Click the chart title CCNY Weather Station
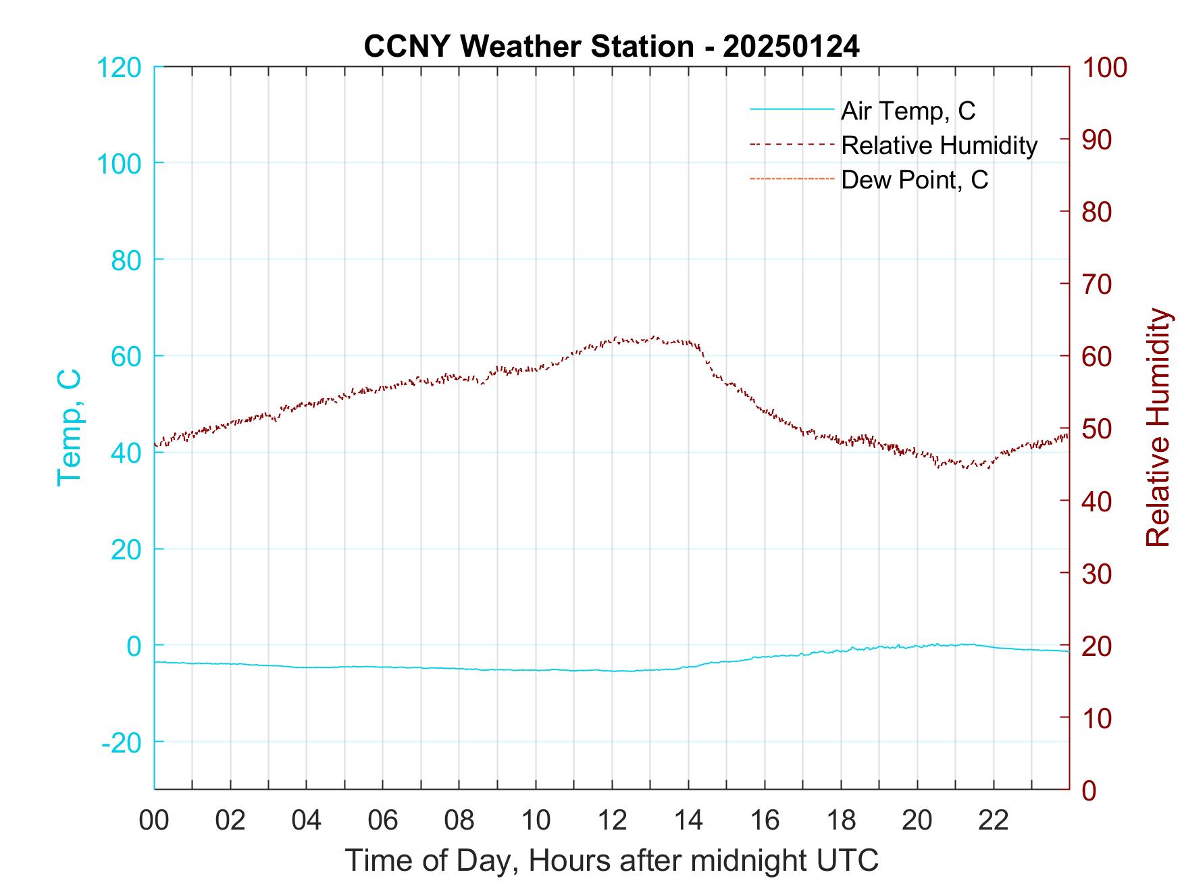point(528,47)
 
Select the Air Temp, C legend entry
point(907,111)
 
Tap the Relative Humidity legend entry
point(938,145)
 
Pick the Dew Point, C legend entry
point(914,180)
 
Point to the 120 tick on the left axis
point(120,68)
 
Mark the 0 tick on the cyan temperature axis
point(134,646)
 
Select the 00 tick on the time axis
point(154,820)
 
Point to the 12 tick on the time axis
point(612,820)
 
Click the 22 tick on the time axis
point(994,820)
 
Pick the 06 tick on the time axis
point(383,820)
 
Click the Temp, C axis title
point(69,428)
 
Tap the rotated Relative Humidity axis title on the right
point(1158,428)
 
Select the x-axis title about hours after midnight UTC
point(611,861)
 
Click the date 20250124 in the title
point(791,47)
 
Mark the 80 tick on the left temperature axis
point(126,260)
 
